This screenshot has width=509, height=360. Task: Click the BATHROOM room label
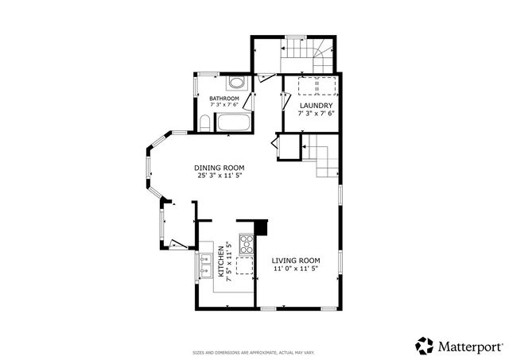click(224, 98)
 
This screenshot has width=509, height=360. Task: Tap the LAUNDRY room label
click(315, 106)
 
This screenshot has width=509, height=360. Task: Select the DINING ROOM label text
click(220, 168)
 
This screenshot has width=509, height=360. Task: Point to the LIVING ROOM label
click(296, 261)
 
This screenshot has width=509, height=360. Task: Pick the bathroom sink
click(235, 83)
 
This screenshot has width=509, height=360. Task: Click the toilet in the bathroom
click(204, 123)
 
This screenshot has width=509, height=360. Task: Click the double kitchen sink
click(205, 263)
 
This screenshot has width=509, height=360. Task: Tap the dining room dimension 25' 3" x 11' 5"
click(220, 176)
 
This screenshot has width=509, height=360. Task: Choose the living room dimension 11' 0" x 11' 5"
click(296, 269)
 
